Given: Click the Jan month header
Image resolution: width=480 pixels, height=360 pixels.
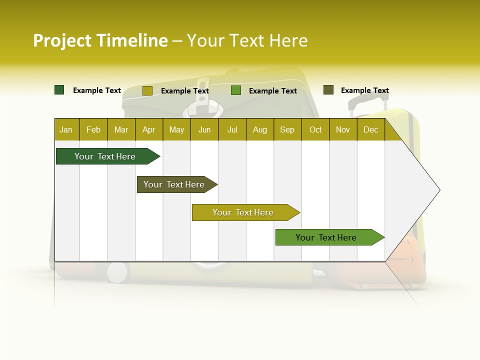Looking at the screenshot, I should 66,129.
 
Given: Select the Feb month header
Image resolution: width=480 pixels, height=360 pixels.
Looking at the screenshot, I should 93,129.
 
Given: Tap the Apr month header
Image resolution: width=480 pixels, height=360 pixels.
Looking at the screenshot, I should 148,129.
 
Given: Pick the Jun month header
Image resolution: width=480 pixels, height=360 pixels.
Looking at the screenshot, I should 204,129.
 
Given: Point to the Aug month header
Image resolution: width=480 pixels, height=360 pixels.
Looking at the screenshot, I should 260,129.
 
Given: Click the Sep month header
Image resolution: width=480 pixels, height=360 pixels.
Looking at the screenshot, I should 287,129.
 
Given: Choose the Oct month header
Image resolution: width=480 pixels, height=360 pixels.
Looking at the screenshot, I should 315,129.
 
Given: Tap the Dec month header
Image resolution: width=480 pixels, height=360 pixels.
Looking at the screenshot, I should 370,129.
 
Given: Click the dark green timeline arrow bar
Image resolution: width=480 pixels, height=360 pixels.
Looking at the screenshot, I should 105,156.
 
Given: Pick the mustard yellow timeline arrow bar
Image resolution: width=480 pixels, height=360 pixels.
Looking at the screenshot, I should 243,212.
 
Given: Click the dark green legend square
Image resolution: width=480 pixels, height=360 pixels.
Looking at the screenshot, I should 59,90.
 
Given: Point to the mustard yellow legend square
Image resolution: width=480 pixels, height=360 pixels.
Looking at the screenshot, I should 147,90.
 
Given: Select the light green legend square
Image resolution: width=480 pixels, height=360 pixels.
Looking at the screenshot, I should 236,90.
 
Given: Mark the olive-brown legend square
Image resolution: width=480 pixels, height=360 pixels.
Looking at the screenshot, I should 328,90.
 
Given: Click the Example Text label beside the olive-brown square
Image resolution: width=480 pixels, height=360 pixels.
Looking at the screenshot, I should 364,90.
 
